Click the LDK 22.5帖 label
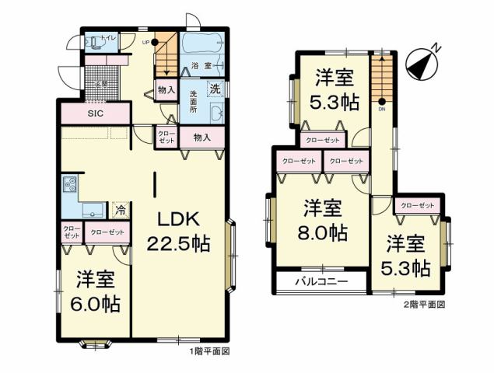(x=178, y=229)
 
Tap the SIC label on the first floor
(x=95, y=113)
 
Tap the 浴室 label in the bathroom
(x=202, y=67)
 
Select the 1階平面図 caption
(x=209, y=352)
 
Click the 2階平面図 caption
(x=425, y=305)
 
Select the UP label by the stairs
(x=145, y=42)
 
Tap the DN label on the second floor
(x=382, y=109)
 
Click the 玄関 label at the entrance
(x=101, y=84)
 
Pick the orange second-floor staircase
(x=382, y=78)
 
